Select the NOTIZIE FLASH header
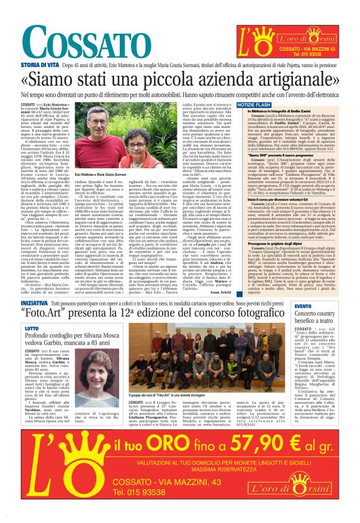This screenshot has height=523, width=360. click(x=254, y=105)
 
